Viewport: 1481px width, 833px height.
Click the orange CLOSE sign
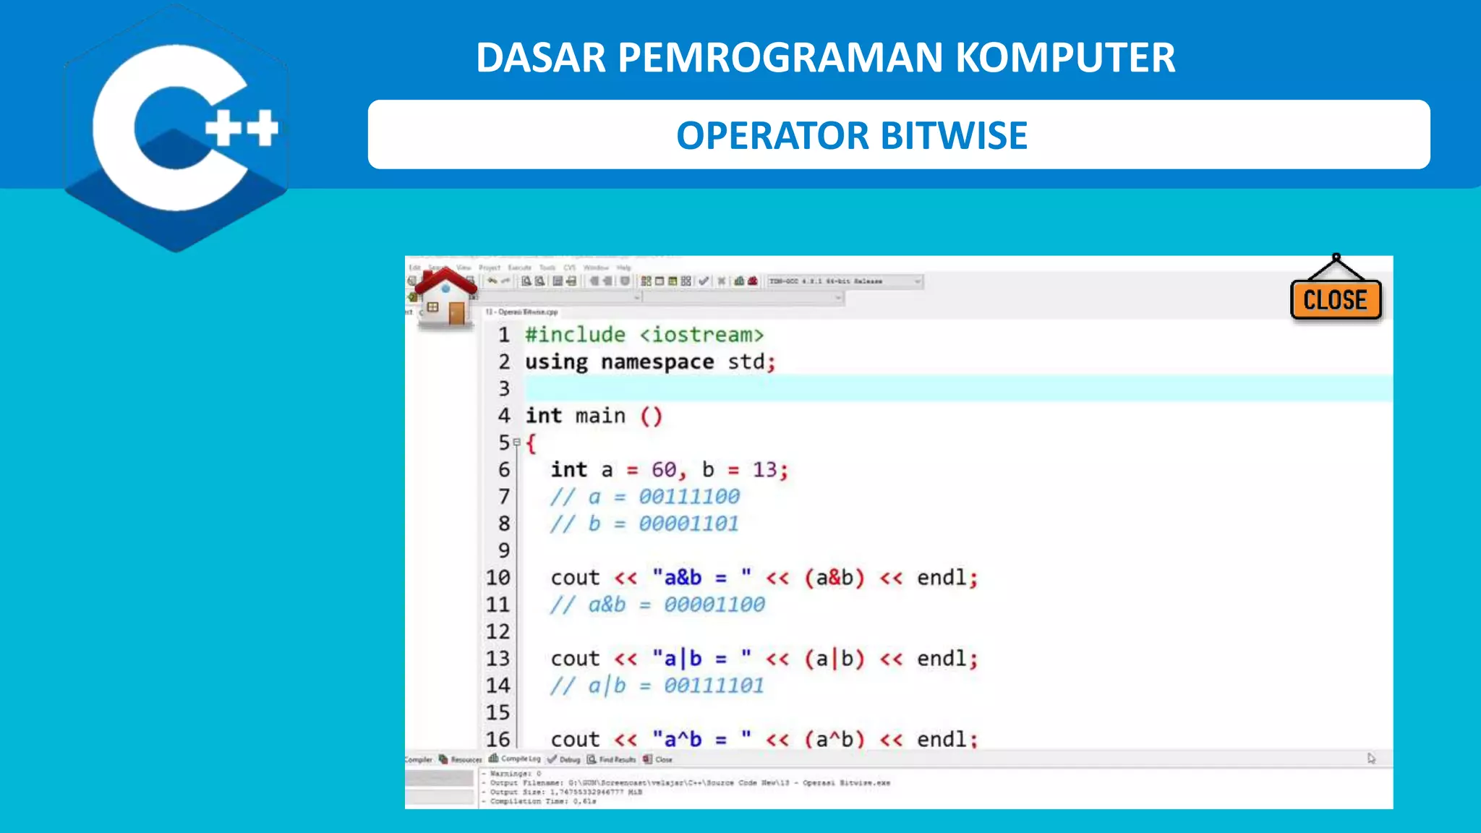pos(1335,299)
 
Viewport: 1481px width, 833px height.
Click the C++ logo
pos(177,129)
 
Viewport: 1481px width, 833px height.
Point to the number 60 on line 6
pos(664,470)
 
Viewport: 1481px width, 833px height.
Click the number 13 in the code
pos(764,470)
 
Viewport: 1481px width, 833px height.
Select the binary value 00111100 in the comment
pos(689,497)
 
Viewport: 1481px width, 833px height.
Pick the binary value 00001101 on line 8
pos(688,524)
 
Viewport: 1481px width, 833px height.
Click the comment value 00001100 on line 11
pos(714,605)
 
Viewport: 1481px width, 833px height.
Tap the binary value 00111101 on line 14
pos(714,685)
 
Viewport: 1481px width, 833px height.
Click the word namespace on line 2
pos(657,362)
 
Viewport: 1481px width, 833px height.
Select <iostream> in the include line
pos(701,335)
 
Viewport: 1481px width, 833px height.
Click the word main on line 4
pos(600,416)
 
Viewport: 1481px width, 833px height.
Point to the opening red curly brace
pos(532,443)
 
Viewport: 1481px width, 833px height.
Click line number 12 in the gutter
pos(498,631)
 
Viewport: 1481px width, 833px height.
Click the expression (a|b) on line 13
pos(835,659)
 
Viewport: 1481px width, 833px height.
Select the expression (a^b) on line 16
pos(835,739)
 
